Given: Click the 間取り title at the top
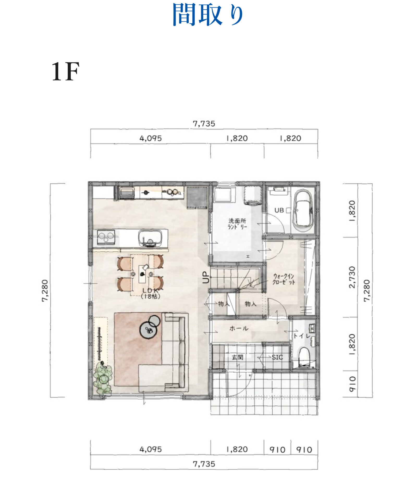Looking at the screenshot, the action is [208, 15].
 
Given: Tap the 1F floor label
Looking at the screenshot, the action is [65, 72].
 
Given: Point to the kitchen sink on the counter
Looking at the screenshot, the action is [150, 238].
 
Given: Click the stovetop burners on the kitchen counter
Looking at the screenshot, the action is [106, 237].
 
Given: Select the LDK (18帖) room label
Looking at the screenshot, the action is [150, 293].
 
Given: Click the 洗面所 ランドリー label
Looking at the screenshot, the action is [237, 224].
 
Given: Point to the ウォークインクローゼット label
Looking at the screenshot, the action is [284, 279].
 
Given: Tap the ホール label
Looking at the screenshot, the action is [239, 328].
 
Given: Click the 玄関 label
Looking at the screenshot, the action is [237, 357].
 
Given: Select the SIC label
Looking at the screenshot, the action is [277, 357].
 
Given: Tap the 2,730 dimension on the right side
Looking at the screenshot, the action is [352, 277].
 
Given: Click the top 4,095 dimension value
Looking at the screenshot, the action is [151, 138].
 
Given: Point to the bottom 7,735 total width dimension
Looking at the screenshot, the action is [204, 464].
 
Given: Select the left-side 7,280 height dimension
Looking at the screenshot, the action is [45, 291].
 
